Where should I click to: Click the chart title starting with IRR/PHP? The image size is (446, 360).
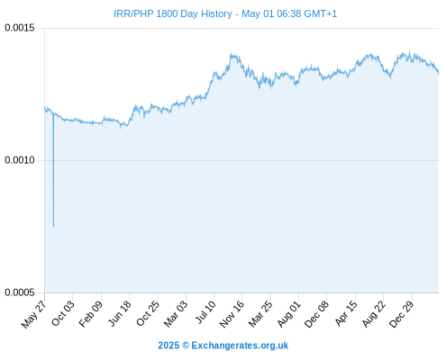225,13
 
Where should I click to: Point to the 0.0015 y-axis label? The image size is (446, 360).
20,28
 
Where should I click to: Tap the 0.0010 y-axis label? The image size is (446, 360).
20,160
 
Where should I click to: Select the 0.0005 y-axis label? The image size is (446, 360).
20,292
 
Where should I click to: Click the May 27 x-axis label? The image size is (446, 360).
34,314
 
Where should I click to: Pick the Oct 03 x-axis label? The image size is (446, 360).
63,313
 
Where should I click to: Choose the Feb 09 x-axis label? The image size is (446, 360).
91,313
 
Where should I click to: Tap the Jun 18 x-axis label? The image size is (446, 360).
120,313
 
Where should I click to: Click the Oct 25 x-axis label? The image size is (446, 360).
148,313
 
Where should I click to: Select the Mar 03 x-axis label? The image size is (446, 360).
176,313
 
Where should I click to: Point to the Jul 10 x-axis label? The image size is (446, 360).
205,312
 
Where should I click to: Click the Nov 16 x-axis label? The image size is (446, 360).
232,314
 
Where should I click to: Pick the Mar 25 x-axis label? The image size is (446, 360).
260,313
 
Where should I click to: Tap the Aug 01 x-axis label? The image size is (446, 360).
289,313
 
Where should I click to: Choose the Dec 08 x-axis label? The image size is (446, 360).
316,314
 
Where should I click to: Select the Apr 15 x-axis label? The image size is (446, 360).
346,313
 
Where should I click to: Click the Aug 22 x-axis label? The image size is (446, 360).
374,313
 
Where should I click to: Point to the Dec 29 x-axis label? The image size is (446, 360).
402,314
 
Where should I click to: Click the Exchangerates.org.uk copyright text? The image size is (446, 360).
223,346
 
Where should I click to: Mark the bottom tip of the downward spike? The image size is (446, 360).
53,227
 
